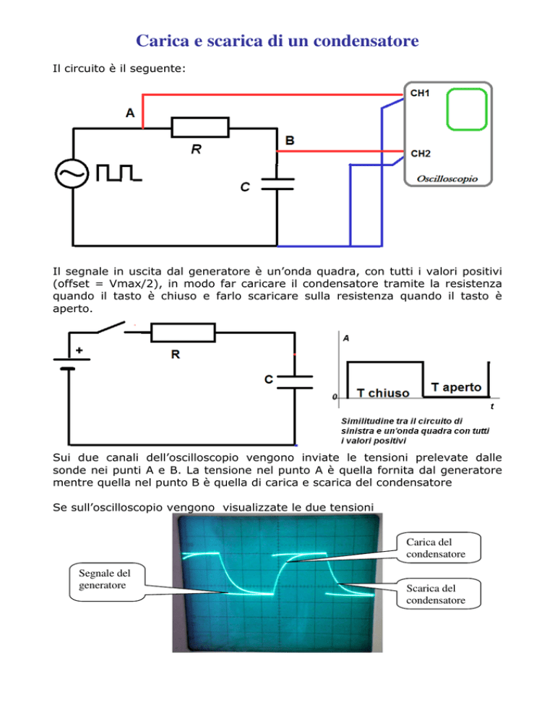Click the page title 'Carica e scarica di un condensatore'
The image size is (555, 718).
coord(277,41)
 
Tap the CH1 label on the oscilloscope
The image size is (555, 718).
coord(421,93)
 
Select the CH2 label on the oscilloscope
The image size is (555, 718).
coord(421,153)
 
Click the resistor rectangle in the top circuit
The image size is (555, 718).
coord(200,129)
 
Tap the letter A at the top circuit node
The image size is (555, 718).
coord(130,113)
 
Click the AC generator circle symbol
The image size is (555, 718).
coord(73,174)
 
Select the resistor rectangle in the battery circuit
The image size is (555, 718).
coord(184,332)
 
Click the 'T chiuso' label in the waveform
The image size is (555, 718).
coord(383,394)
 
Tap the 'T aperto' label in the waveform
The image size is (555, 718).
coord(456,387)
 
